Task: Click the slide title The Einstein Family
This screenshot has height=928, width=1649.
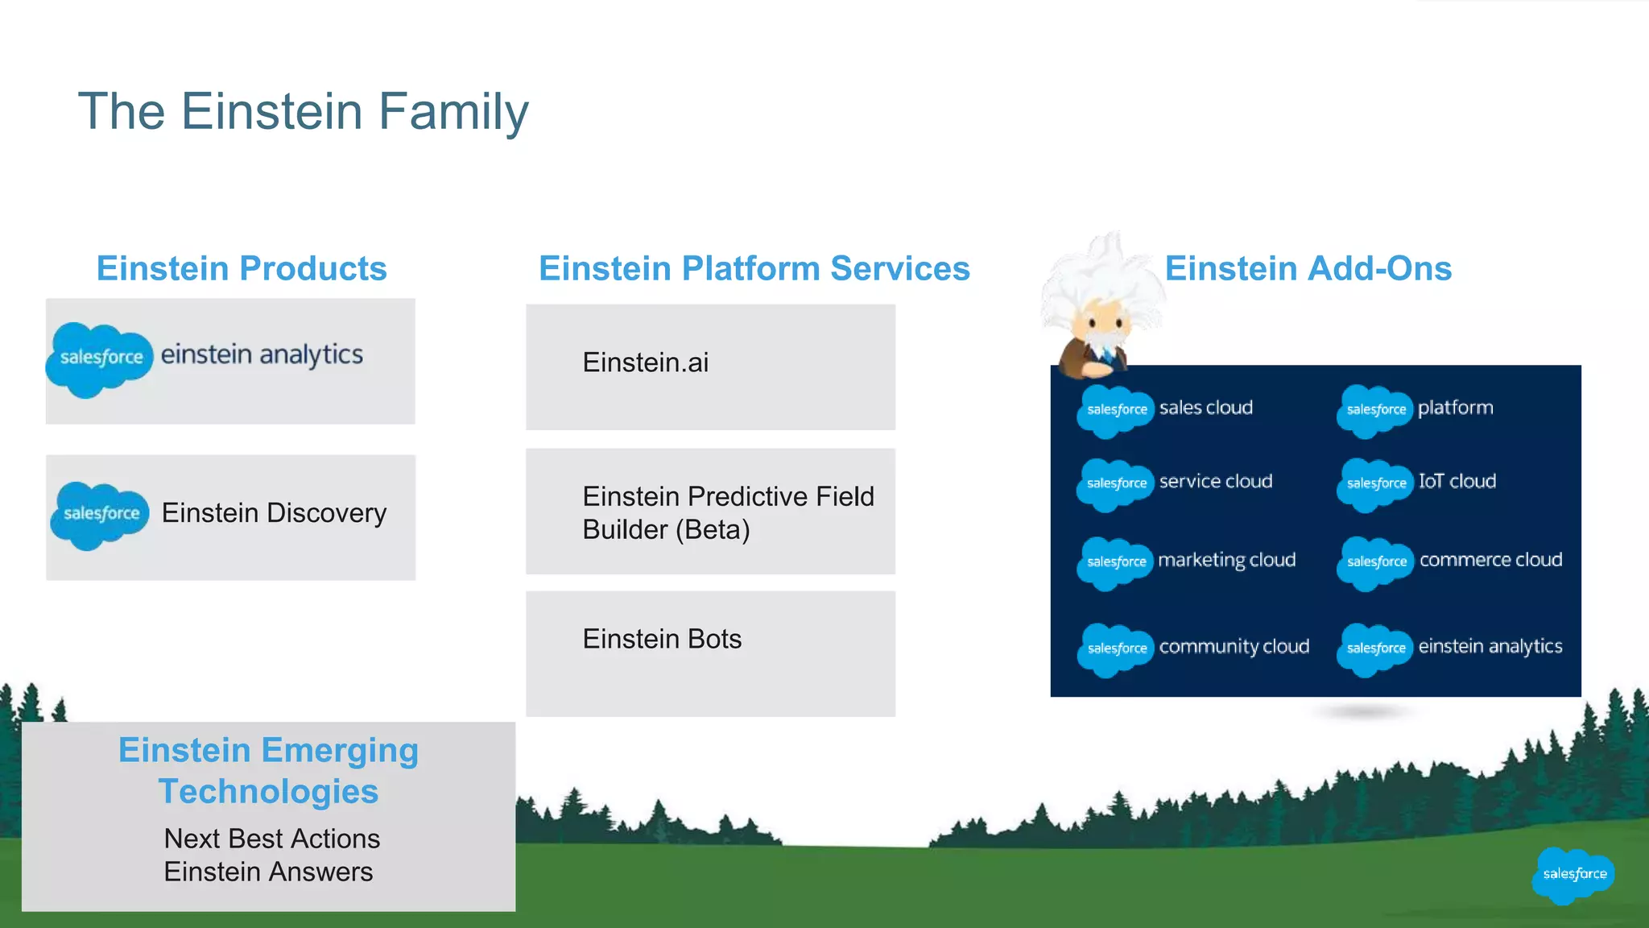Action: point(303,111)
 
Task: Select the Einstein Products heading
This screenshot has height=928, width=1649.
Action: point(242,268)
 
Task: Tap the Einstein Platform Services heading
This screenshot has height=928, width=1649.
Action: point(754,268)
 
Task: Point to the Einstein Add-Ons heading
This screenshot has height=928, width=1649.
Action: point(1308,268)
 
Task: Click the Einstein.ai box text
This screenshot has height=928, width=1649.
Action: point(645,362)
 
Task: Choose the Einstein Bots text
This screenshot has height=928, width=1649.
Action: point(662,639)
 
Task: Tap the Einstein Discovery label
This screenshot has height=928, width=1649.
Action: point(274,513)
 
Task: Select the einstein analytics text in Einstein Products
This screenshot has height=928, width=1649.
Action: point(262,354)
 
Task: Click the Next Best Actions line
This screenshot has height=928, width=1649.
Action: point(271,839)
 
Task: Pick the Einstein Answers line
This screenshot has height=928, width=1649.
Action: point(268,872)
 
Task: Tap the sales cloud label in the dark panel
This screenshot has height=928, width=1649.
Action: point(1205,408)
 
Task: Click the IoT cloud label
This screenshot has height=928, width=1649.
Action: point(1457,481)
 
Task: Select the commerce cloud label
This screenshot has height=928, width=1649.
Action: point(1490,560)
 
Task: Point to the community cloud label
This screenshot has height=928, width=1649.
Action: point(1234,646)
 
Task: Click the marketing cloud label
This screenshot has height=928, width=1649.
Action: point(1226,560)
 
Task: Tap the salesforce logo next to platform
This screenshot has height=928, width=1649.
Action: point(1375,409)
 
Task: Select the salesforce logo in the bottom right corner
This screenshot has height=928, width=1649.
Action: point(1573,874)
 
